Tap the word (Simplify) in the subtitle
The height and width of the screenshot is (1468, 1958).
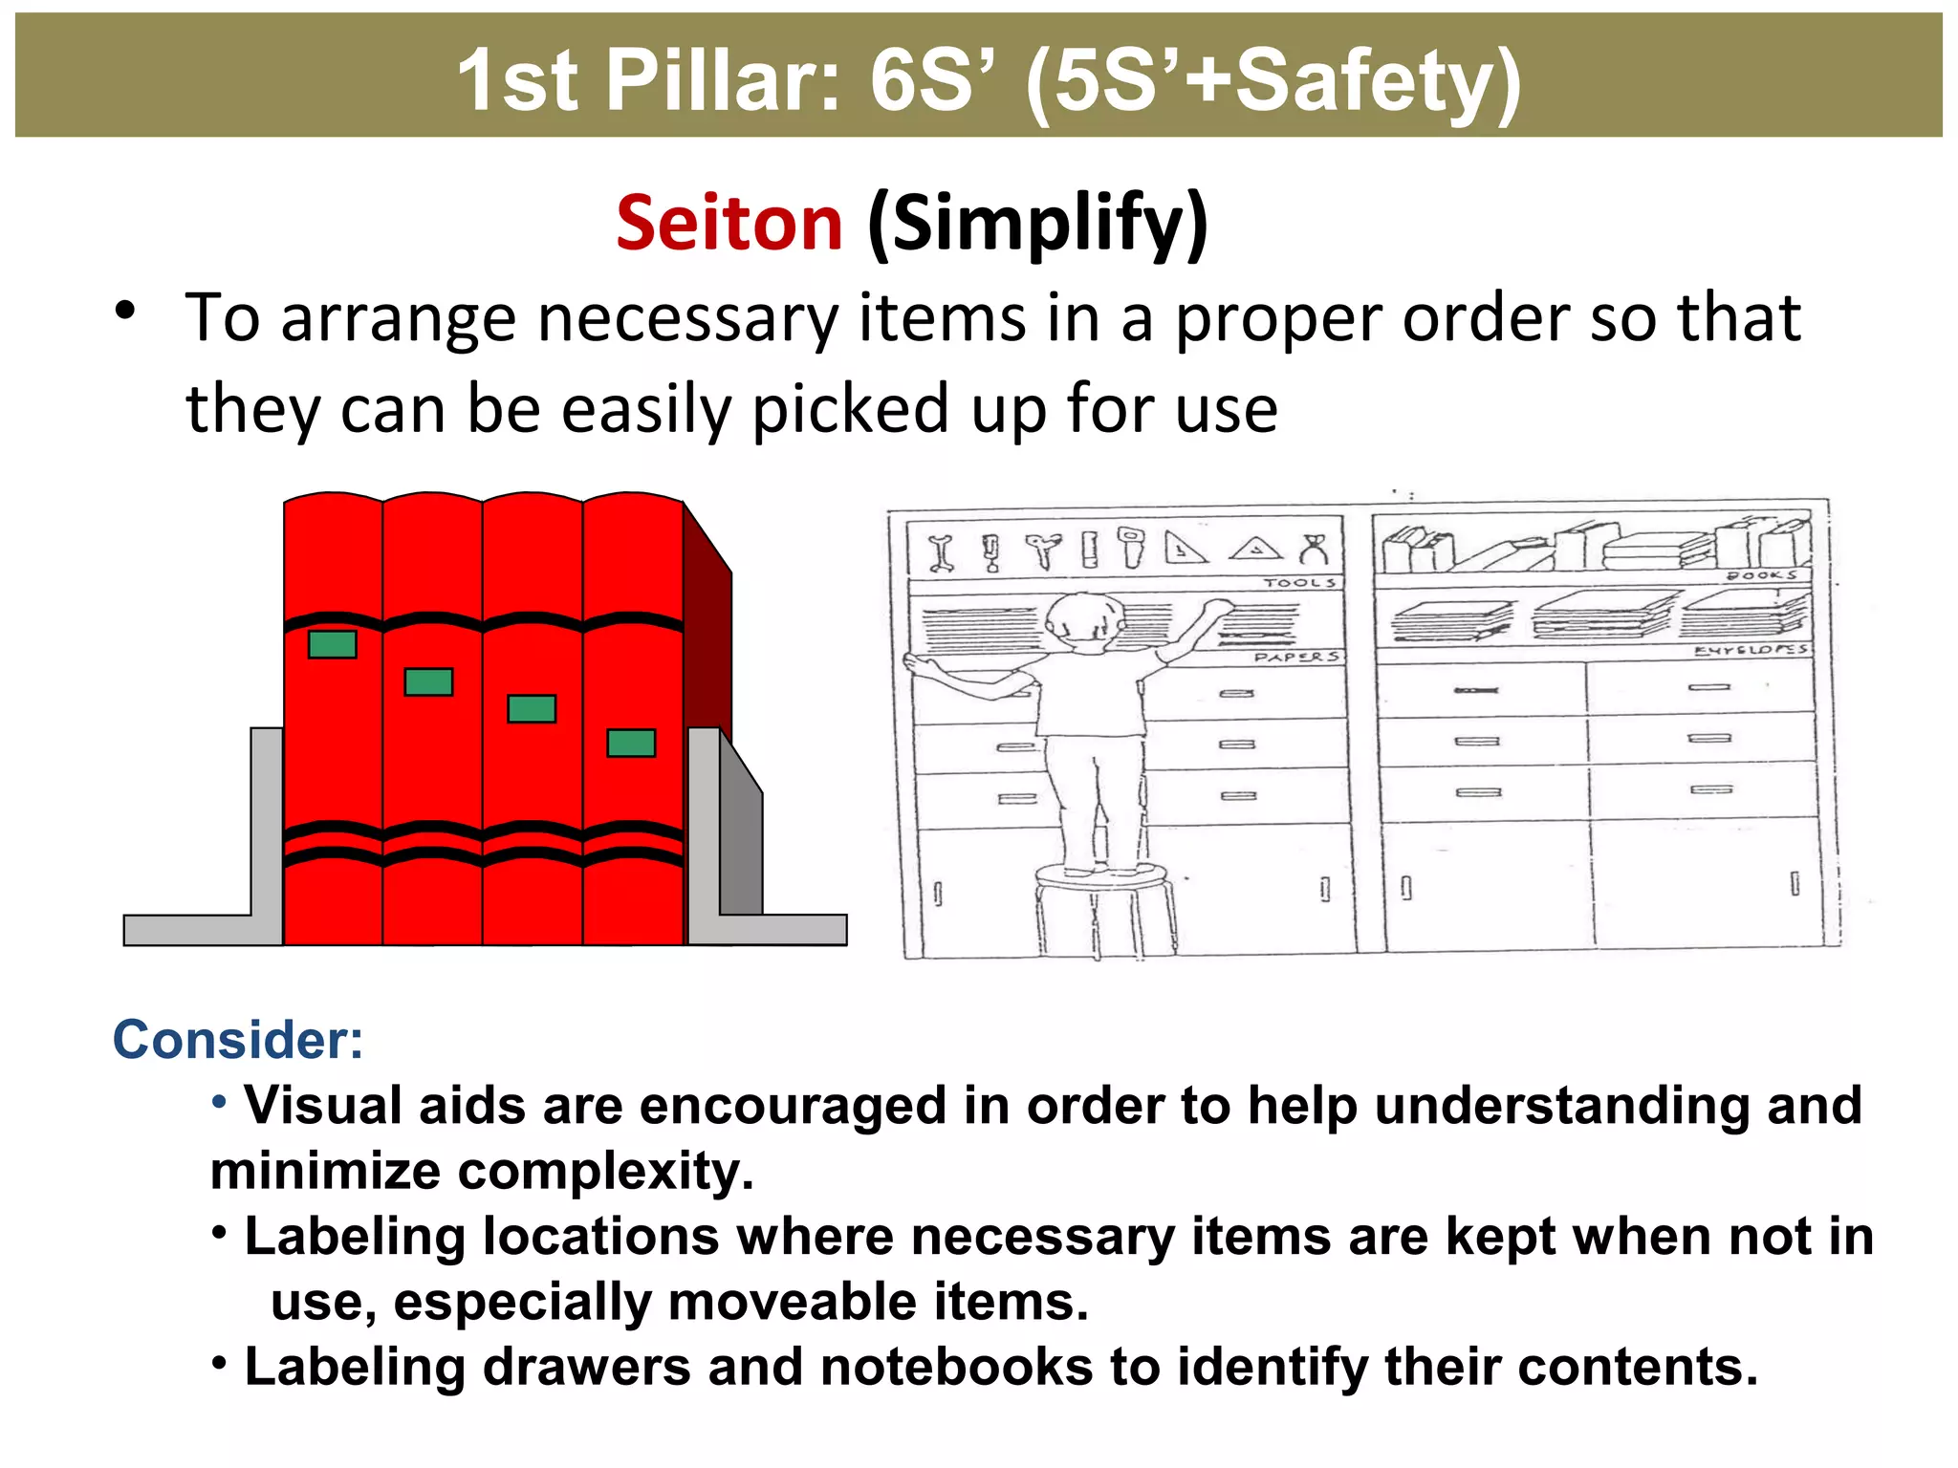pos(1037,225)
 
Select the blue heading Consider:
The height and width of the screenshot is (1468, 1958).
pos(238,1040)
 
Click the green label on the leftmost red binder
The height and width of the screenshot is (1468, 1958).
pos(333,644)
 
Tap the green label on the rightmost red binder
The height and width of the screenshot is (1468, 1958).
pos(631,743)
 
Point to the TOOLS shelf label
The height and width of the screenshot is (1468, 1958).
pos(1300,582)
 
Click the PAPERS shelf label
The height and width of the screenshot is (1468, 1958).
pos(1296,657)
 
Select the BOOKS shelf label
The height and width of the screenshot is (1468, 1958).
pos(1761,575)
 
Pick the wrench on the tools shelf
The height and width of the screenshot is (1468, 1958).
pos(942,552)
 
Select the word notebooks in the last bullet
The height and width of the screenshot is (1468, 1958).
pos(956,1367)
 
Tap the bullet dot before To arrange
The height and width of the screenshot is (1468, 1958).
pos(125,311)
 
